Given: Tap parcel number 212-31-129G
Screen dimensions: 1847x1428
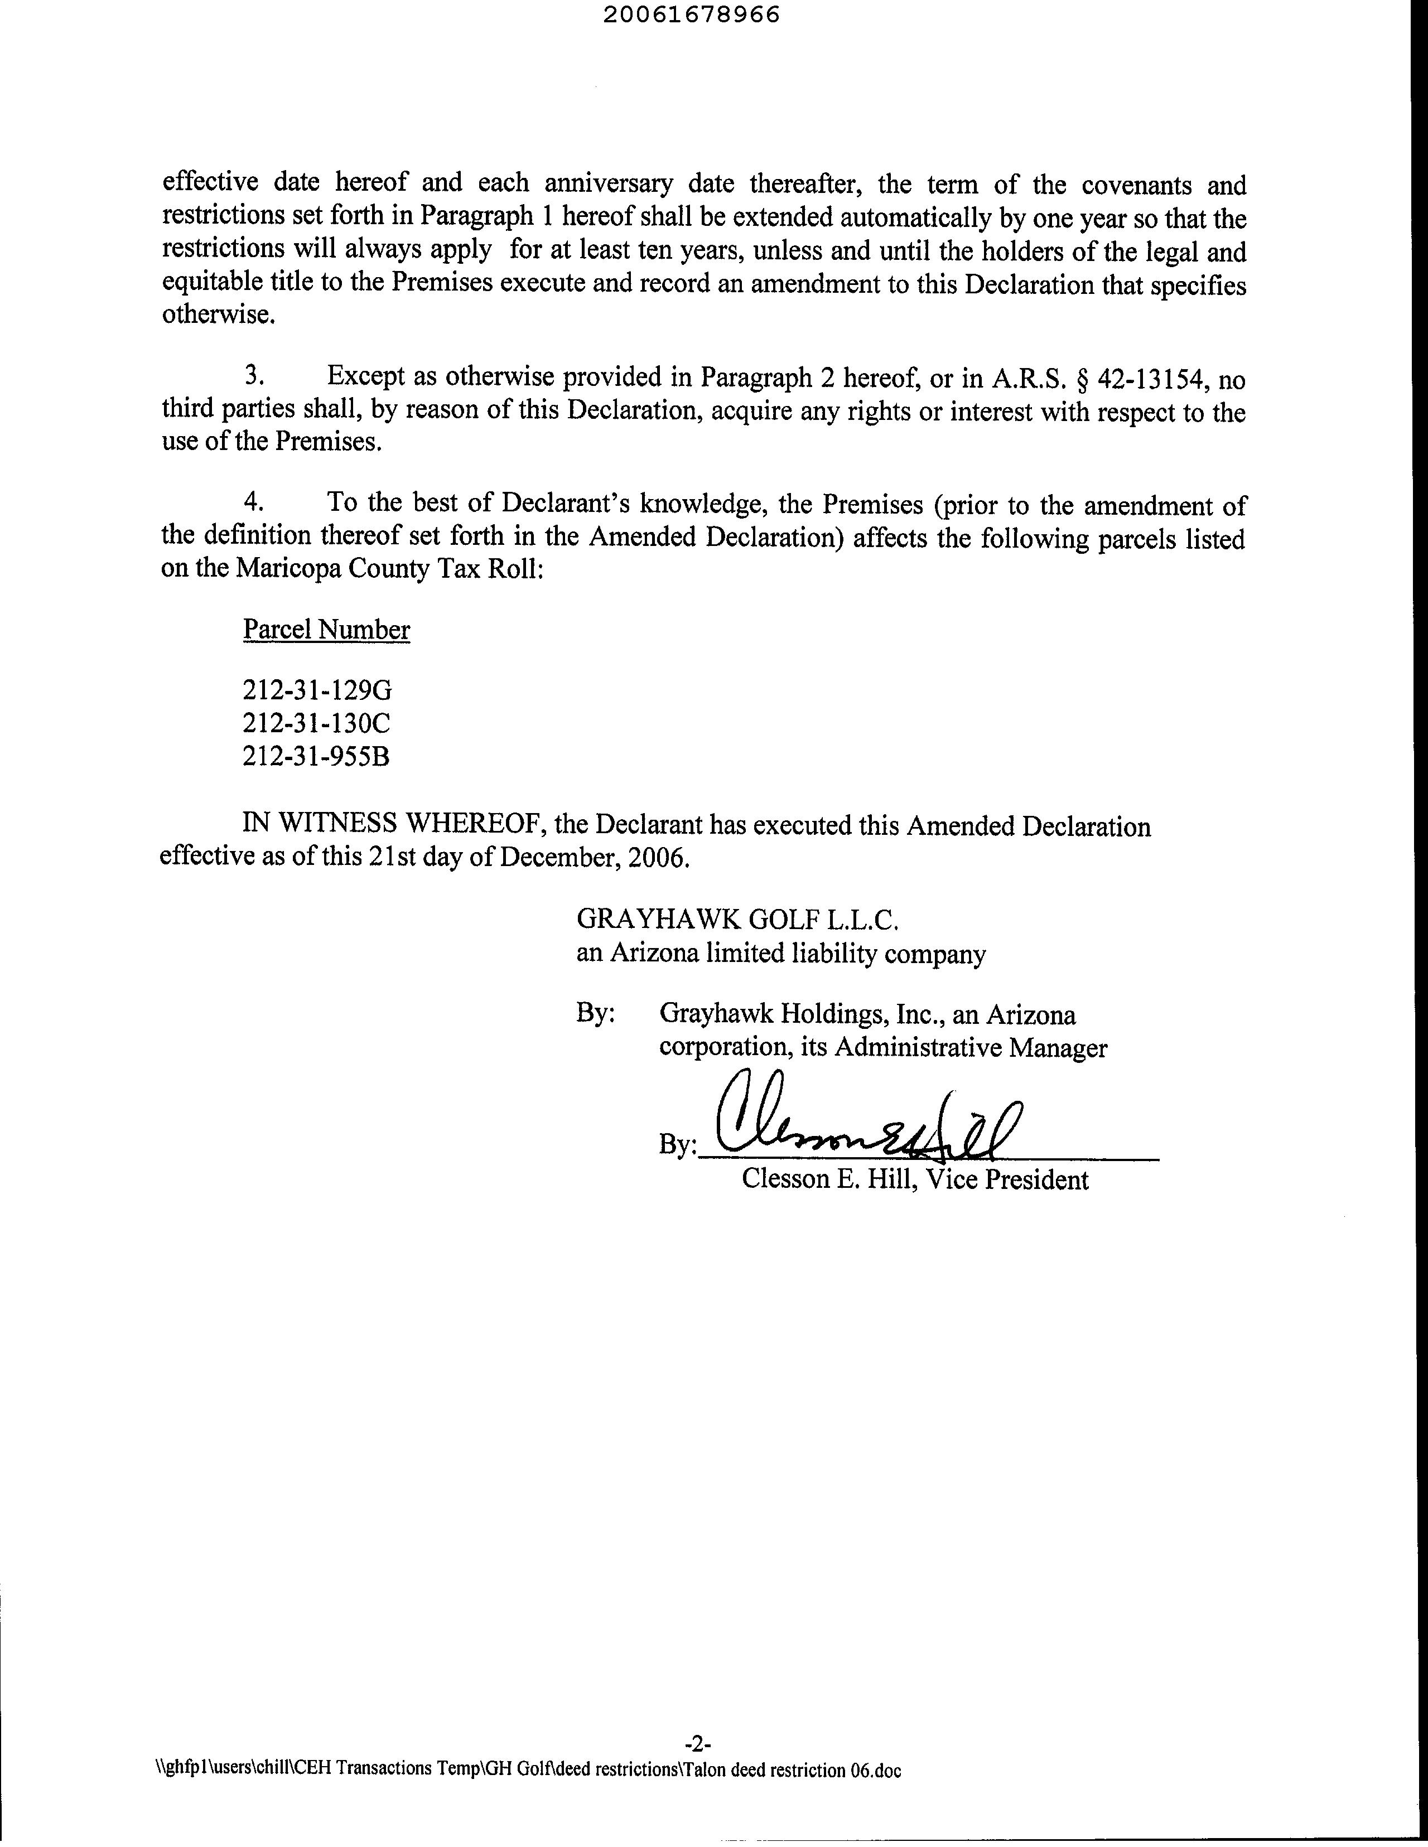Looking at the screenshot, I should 317,691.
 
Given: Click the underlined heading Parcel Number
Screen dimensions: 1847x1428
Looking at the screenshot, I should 326,630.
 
